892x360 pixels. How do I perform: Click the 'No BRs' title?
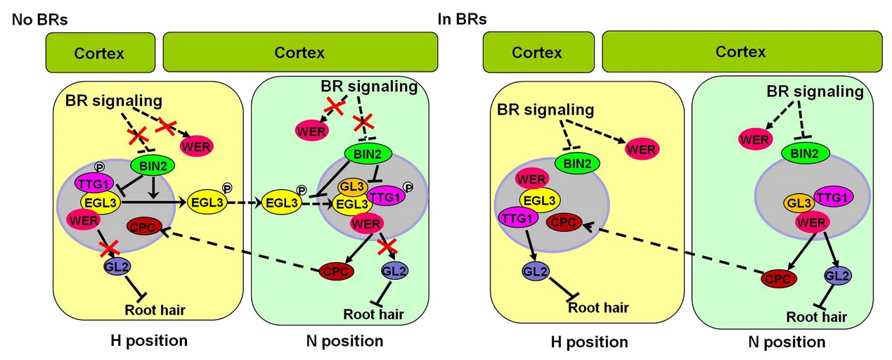(39, 19)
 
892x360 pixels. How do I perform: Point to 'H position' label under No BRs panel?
(149, 341)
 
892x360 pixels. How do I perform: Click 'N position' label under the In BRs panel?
(787, 342)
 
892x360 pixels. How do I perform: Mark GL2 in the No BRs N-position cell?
(393, 269)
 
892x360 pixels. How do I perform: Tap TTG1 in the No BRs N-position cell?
(384, 195)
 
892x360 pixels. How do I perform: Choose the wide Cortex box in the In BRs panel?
(740, 52)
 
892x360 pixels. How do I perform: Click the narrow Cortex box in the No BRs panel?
(100, 52)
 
